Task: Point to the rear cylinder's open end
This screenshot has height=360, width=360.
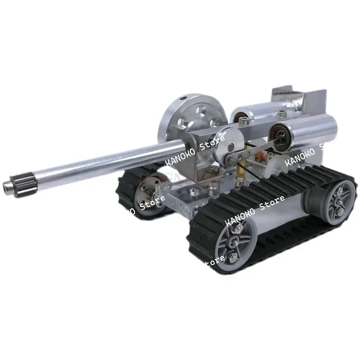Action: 238,117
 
